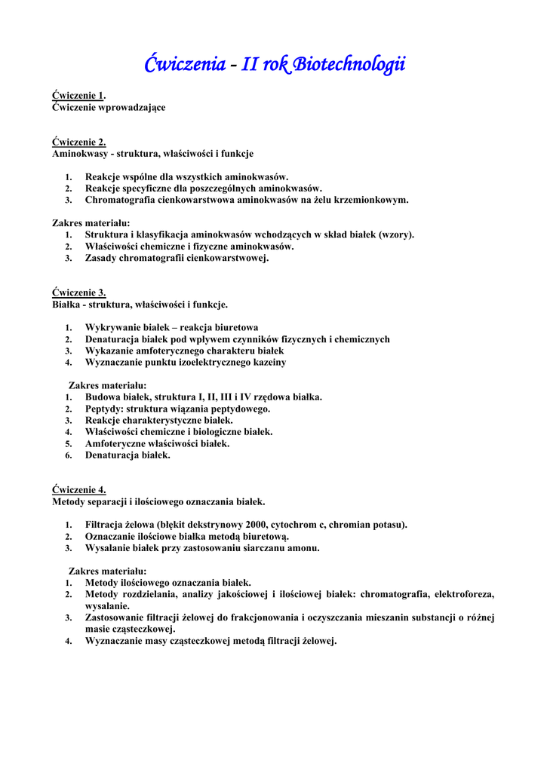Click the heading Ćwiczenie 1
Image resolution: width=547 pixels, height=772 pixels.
point(78,96)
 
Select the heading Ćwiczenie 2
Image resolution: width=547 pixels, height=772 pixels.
point(78,142)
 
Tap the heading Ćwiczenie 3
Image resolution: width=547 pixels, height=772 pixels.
point(78,293)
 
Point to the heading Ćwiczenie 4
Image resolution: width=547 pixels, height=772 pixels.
point(78,489)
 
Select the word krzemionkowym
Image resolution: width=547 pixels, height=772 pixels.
point(371,200)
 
